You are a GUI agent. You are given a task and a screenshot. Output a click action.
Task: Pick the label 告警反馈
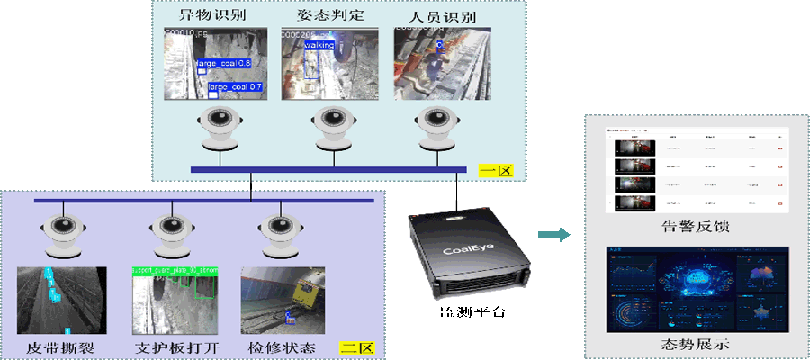(696, 227)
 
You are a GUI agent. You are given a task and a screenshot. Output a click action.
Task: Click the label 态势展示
(696, 344)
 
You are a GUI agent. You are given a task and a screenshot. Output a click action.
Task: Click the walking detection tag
(319, 44)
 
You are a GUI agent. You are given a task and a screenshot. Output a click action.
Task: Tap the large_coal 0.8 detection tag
(223, 64)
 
